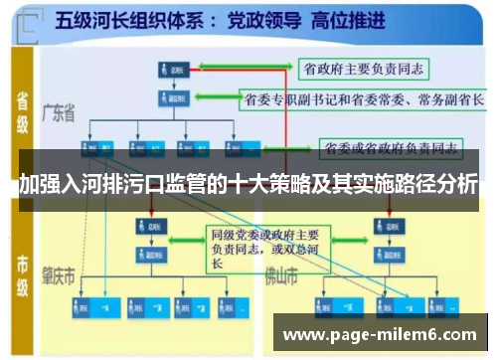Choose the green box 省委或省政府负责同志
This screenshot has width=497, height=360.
[x=392, y=148]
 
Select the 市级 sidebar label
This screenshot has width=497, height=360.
[x=21, y=270]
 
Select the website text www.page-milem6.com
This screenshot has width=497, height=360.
[x=381, y=335]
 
